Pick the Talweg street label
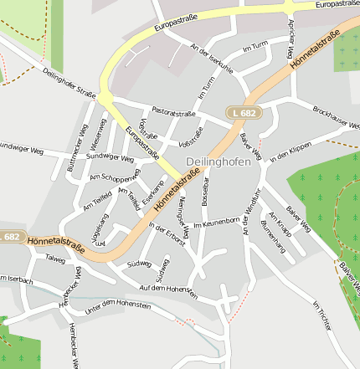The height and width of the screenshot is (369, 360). click(x=55, y=259)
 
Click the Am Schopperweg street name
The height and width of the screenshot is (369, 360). click(x=115, y=179)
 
